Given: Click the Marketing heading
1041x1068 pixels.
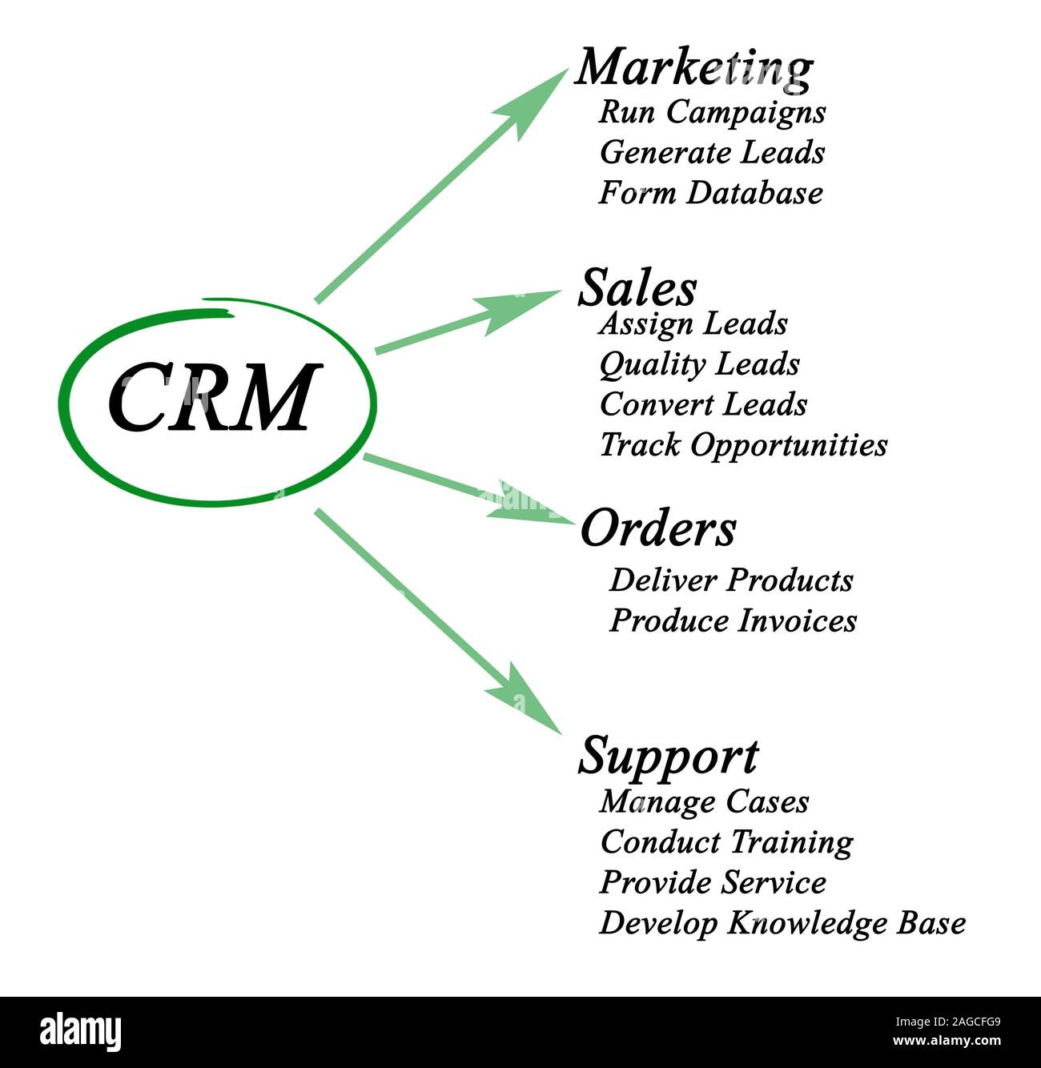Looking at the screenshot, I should [x=693, y=67].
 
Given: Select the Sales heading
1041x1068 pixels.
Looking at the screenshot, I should [x=637, y=287].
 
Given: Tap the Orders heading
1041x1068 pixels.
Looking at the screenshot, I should [x=657, y=528].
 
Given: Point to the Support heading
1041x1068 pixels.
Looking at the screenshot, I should [x=668, y=755].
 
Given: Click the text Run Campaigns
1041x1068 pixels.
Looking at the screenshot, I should [x=712, y=111].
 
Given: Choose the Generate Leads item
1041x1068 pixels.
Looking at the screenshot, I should [x=712, y=152].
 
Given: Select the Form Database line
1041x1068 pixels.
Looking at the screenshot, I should [x=710, y=193].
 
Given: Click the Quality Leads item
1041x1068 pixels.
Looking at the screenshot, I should [x=699, y=364].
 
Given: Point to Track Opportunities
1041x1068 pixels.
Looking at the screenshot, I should [x=743, y=445].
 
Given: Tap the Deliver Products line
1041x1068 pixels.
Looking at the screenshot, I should [x=730, y=580].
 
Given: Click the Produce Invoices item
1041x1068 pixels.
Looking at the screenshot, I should [x=733, y=621].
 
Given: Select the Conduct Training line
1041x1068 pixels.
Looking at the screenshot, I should [x=726, y=842].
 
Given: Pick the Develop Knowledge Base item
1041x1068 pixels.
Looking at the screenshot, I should [x=782, y=923].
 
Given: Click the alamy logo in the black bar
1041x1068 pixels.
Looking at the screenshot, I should [x=80, y=1032].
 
